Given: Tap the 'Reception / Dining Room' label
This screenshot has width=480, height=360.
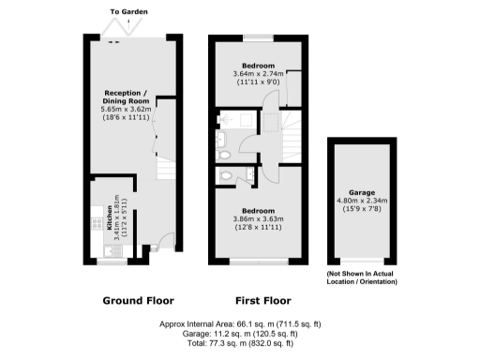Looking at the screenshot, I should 126,98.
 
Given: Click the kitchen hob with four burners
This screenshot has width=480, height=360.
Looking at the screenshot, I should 96,224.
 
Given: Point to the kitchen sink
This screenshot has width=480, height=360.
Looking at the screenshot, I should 96,248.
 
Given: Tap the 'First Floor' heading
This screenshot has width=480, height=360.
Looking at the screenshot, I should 259,301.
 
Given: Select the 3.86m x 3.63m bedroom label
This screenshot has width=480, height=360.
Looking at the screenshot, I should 257,218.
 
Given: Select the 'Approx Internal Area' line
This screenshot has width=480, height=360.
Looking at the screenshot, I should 240,323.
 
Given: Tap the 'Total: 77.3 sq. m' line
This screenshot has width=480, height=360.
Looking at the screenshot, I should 240,342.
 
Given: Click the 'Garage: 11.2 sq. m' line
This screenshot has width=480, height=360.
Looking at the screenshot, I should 240,333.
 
